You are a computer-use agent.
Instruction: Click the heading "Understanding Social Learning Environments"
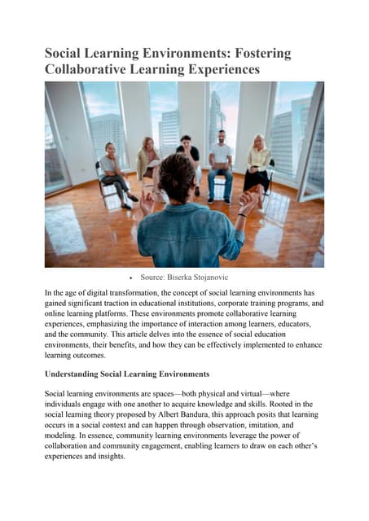point(127,374)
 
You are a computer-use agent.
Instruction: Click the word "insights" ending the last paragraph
point(108,457)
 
